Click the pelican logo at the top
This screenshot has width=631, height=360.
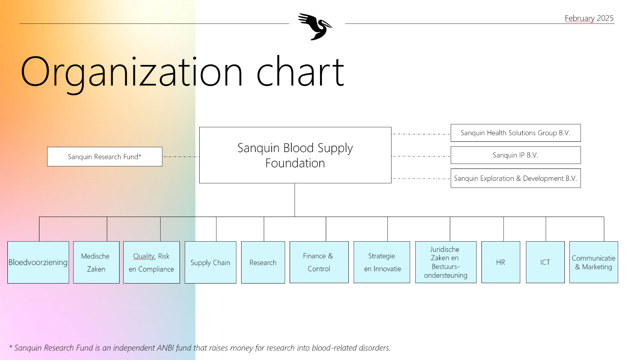coord(315,26)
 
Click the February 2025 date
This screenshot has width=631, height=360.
coord(589,18)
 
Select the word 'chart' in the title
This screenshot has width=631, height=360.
coord(300,72)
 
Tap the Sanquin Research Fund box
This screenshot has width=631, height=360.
coord(105,157)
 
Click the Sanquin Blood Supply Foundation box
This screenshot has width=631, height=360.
coord(295,155)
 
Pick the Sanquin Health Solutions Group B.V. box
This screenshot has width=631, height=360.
coord(516,133)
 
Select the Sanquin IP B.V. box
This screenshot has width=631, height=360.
coord(516,155)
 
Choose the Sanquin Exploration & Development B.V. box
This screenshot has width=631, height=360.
coord(516,178)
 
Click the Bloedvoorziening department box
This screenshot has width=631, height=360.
coord(38,262)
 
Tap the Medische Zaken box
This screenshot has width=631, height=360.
coord(97,262)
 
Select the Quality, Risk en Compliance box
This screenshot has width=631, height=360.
coord(152,262)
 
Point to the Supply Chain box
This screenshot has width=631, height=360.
coord(210,262)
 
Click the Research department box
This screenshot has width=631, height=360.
coord(263,262)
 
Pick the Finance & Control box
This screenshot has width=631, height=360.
coord(319,262)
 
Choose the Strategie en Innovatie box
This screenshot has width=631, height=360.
coord(382,262)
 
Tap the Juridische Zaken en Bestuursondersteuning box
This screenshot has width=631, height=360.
coord(446,262)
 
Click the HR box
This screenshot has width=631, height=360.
coord(501,262)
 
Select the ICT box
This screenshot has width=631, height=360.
coord(546,262)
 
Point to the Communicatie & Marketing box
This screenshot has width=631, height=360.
coord(594,262)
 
